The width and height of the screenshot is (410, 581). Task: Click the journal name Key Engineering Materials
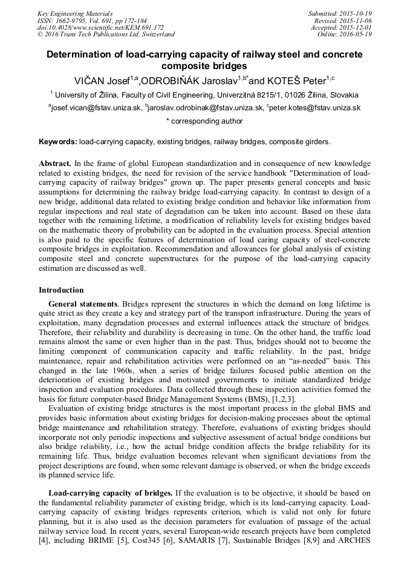pos(74,13)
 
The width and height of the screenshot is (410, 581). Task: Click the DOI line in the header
pos(100,27)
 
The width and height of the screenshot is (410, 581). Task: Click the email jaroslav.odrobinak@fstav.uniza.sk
pos(206,108)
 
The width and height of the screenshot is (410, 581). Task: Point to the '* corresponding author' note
pos(204,121)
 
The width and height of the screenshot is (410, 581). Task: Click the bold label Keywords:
pos(58,142)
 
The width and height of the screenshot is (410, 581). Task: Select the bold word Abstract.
pos(54,164)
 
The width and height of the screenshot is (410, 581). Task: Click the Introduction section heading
pos(61,290)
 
